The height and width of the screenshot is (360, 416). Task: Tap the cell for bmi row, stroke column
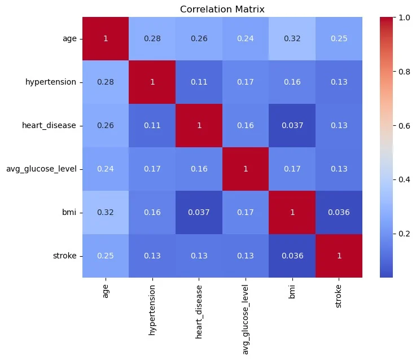[x=338, y=212]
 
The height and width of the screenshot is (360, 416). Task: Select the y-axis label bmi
[x=71, y=212]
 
